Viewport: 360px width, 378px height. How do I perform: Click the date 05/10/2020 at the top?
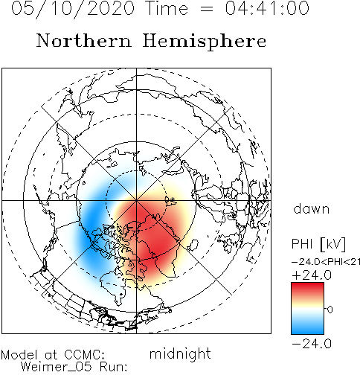coord(73,9)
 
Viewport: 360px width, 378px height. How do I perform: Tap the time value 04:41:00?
coord(267,8)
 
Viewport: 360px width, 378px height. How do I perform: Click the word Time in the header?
coord(167,8)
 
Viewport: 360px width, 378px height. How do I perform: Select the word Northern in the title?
coord(83,40)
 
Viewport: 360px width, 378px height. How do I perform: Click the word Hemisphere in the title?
coord(205,42)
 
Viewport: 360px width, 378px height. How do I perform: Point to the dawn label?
coord(312,209)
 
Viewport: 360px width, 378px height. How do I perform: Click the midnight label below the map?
coord(180,354)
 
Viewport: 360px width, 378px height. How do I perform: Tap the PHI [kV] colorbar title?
coord(318,244)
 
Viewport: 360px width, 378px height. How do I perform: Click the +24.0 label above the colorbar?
coord(312,275)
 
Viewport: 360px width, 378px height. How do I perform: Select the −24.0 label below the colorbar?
coord(312,344)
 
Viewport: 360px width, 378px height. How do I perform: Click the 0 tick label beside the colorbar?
coord(330,310)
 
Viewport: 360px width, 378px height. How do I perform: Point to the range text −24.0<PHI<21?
coord(326,262)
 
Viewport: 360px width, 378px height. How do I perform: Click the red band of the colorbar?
coord(307,290)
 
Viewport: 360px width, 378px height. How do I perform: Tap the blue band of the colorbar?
coord(307,326)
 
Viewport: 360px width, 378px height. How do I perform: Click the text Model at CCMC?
coord(53,355)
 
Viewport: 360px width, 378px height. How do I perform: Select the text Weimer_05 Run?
coord(74,367)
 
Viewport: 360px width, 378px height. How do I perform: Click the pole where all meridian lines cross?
coord(136,200)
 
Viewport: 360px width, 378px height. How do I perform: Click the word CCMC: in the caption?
coord(84,355)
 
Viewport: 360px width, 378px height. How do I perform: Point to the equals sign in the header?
coord(207,9)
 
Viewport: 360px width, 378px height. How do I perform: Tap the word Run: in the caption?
coord(114,367)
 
